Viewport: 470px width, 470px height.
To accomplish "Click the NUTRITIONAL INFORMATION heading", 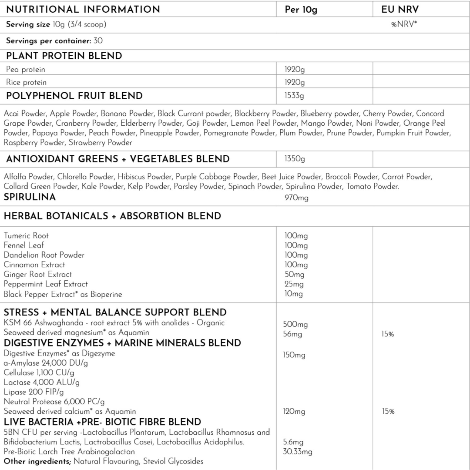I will [x=83, y=9].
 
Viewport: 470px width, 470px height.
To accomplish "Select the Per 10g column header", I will [x=301, y=10].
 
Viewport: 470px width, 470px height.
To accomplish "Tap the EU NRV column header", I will [x=399, y=9].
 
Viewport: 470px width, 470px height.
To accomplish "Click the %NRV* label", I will [x=403, y=25].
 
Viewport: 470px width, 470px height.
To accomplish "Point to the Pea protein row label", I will [x=26, y=69].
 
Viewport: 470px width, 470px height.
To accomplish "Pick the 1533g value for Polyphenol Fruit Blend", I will [x=294, y=96].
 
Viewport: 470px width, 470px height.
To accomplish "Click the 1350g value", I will [x=295, y=159].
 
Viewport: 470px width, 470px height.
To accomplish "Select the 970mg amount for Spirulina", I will [x=296, y=198].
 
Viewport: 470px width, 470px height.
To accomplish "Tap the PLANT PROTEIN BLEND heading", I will [x=64, y=56].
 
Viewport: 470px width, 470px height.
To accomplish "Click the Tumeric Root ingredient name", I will [x=26, y=236].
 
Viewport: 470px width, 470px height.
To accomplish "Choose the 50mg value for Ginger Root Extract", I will [x=294, y=275].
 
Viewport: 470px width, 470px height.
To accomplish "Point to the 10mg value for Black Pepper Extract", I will [x=294, y=294].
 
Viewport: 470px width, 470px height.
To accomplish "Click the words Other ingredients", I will [x=37, y=461].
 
